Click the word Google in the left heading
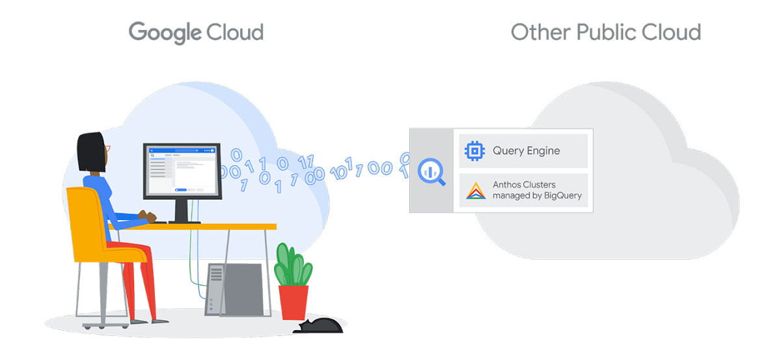click(164, 32)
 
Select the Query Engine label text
click(526, 151)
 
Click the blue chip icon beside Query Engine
click(474, 151)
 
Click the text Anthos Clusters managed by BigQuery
click(537, 190)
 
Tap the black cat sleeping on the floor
click(319, 325)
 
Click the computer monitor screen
click(182, 171)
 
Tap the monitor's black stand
click(182, 210)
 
